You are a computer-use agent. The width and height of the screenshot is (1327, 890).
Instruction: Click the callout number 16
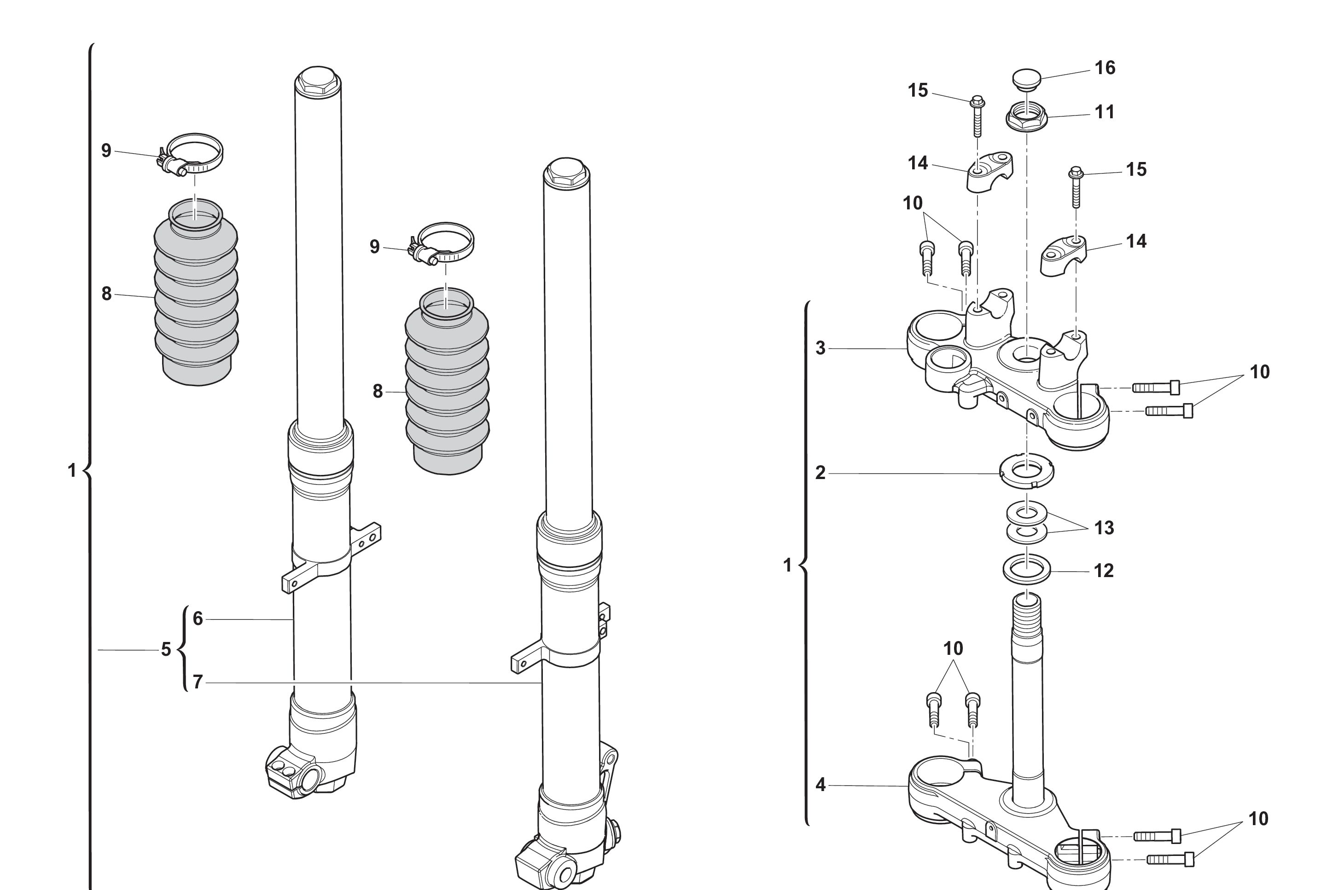[1105, 68]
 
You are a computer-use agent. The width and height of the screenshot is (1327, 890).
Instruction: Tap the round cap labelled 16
[1027, 78]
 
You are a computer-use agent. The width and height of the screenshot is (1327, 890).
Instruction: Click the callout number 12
[1103, 571]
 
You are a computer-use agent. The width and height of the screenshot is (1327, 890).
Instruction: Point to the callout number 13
[1103, 528]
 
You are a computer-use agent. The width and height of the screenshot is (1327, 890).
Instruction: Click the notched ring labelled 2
[1027, 471]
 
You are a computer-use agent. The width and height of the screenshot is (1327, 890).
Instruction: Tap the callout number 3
[820, 348]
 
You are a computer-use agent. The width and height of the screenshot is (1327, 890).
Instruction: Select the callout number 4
[820, 785]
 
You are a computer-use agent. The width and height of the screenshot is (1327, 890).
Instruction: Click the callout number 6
[198, 618]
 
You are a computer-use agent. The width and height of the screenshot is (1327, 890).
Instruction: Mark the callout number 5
[166, 649]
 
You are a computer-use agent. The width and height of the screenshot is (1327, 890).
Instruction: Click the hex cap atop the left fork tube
[317, 81]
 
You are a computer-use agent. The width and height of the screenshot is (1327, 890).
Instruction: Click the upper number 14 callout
[918, 163]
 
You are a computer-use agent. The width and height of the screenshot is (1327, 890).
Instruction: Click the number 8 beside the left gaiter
[106, 294]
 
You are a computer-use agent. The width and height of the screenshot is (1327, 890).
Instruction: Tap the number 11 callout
[1105, 112]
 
